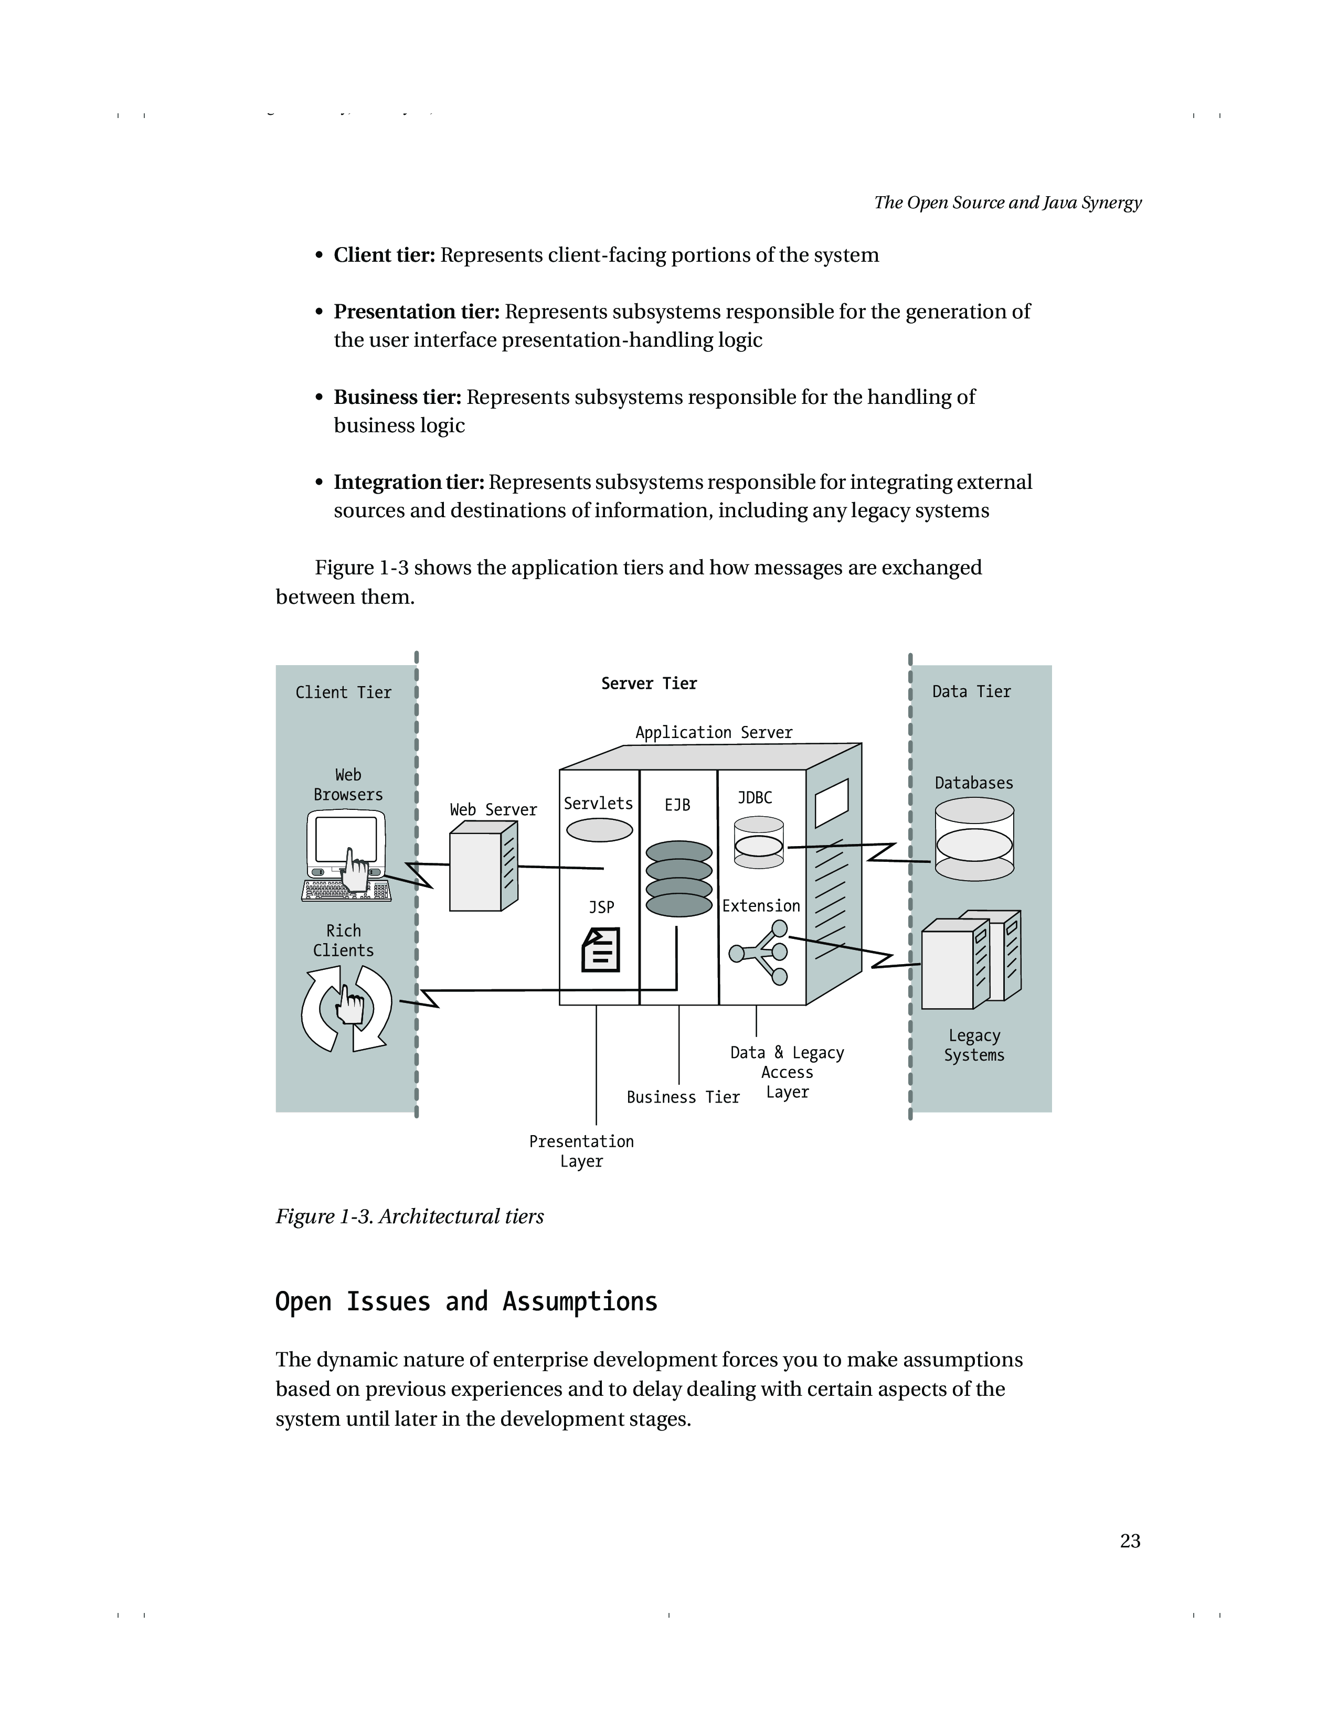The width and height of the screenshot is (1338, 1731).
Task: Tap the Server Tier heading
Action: (x=649, y=683)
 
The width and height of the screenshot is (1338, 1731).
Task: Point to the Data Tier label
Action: (x=971, y=692)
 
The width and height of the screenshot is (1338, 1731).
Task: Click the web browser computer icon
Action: (x=346, y=856)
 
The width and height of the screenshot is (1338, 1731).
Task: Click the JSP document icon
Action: (x=601, y=950)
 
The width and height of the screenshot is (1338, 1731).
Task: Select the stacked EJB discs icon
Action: (x=678, y=878)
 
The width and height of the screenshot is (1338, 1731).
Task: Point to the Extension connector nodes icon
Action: (x=759, y=952)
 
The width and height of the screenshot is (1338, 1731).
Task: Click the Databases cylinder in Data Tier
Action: (x=974, y=839)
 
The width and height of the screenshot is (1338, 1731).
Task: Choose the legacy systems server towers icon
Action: (x=971, y=959)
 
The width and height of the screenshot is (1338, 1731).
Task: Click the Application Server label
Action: (x=714, y=732)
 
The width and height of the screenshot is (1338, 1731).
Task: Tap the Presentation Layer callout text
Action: (x=581, y=1151)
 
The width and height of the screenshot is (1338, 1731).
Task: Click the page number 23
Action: (x=1130, y=1541)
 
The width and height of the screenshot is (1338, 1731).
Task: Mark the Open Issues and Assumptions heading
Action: (x=466, y=1301)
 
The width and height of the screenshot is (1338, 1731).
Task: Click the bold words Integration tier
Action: (x=408, y=482)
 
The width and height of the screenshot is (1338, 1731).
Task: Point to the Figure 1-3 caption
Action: (x=409, y=1216)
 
